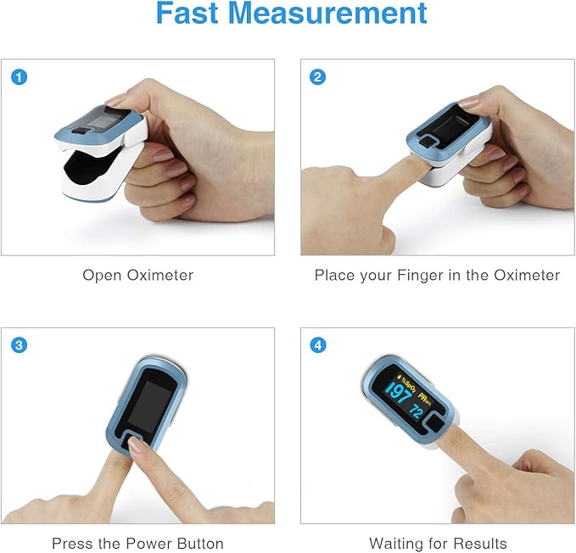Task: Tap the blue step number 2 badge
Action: coord(318,77)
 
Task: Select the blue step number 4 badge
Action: coord(318,345)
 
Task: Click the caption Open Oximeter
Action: coord(137,276)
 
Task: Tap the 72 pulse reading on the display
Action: coord(417,411)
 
